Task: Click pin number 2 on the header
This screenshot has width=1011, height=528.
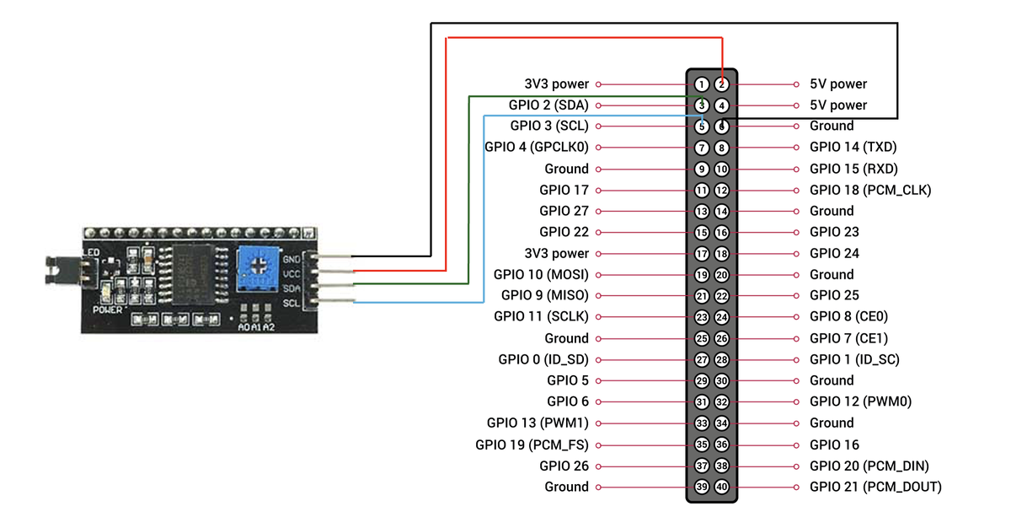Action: coord(722,84)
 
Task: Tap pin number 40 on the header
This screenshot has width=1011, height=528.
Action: coord(722,487)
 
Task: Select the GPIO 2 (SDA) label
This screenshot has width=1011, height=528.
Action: coord(548,105)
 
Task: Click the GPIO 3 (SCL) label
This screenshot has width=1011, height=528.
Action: coord(549,127)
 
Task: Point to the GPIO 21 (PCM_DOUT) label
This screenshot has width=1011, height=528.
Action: coord(875,487)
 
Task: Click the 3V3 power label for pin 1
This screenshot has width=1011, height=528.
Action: coord(556,84)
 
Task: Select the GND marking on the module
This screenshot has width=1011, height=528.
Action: coord(292,258)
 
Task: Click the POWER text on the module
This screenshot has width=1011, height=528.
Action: coord(110,310)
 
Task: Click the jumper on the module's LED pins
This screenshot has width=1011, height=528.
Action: coord(59,268)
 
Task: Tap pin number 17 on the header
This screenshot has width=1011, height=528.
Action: coord(702,254)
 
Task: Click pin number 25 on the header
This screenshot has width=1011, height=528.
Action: coord(702,338)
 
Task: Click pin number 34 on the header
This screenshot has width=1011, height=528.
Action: coord(722,423)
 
